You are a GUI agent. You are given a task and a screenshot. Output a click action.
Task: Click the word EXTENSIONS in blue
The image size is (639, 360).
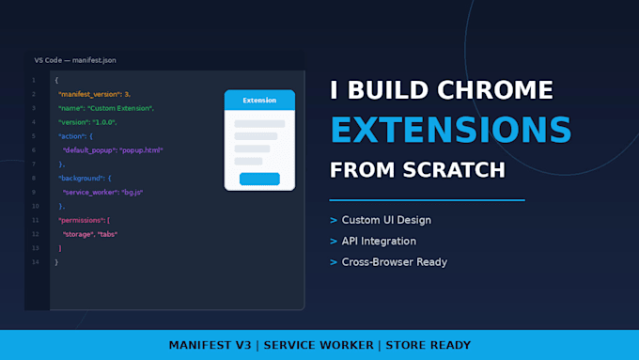coord(451,130)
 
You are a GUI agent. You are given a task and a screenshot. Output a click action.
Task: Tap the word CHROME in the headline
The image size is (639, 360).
coord(495,89)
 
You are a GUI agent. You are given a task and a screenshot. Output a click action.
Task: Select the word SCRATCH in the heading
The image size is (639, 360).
coord(454,170)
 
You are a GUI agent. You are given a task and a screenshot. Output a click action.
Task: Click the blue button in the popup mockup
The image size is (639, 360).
coord(259,179)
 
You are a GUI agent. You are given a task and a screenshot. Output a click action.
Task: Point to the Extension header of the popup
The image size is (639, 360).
coord(259,100)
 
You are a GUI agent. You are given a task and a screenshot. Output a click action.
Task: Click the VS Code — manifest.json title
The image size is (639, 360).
coord(75,60)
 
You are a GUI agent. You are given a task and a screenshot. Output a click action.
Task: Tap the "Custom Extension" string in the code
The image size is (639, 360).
coord(120,108)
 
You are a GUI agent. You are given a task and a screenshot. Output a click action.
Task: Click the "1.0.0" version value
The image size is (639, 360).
coord(103,122)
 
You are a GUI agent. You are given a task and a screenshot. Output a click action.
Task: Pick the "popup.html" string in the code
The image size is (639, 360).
coord(141,150)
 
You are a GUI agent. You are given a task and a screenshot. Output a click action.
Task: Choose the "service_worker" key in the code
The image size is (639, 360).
coord(90,193)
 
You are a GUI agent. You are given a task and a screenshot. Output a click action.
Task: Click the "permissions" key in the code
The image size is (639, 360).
coord(81,220)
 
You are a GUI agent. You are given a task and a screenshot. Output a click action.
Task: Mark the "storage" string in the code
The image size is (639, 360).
coord(78,234)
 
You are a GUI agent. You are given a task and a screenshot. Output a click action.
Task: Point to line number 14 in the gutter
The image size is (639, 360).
coord(36,262)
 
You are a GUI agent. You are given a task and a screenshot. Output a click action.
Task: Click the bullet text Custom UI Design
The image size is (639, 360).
coord(386,220)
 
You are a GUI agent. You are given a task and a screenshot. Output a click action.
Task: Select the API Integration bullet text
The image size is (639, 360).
coord(379,242)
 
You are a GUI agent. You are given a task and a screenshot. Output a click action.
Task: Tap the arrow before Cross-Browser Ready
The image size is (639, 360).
coord(334,262)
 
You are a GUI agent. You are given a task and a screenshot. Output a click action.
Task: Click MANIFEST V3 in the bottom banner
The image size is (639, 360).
coord(210,345)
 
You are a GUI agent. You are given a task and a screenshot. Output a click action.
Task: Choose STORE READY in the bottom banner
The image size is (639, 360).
coord(429,345)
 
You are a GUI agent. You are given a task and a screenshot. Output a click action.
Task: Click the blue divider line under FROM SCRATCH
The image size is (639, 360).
coord(427,200)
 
